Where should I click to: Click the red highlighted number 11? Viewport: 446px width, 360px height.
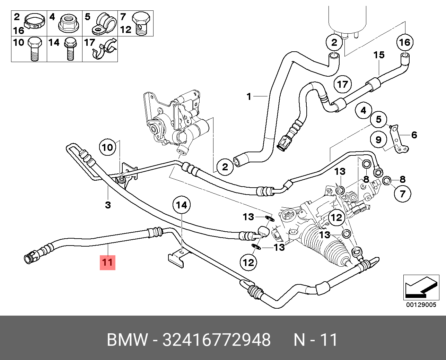tap(107, 262)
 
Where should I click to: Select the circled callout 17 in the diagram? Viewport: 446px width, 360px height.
tap(342, 84)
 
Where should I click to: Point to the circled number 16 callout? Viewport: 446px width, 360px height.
tap(405, 42)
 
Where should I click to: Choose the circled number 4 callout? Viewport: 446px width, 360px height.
tap(363, 111)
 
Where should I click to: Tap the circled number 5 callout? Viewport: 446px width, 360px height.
tap(378, 120)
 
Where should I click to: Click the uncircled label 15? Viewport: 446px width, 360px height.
tap(379, 55)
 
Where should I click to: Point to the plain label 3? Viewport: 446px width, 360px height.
tap(108, 205)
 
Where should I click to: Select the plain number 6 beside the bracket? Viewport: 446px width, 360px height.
tap(414, 135)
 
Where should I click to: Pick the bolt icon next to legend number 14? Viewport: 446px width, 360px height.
tap(70, 49)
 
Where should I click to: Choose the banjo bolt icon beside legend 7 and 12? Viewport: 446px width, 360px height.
tap(142, 23)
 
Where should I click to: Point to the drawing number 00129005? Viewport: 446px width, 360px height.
tap(421, 305)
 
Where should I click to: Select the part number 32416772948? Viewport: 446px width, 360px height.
tap(216, 340)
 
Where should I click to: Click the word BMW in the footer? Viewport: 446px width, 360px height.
tap(127, 340)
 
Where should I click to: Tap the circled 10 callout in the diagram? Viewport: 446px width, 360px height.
tap(107, 147)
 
